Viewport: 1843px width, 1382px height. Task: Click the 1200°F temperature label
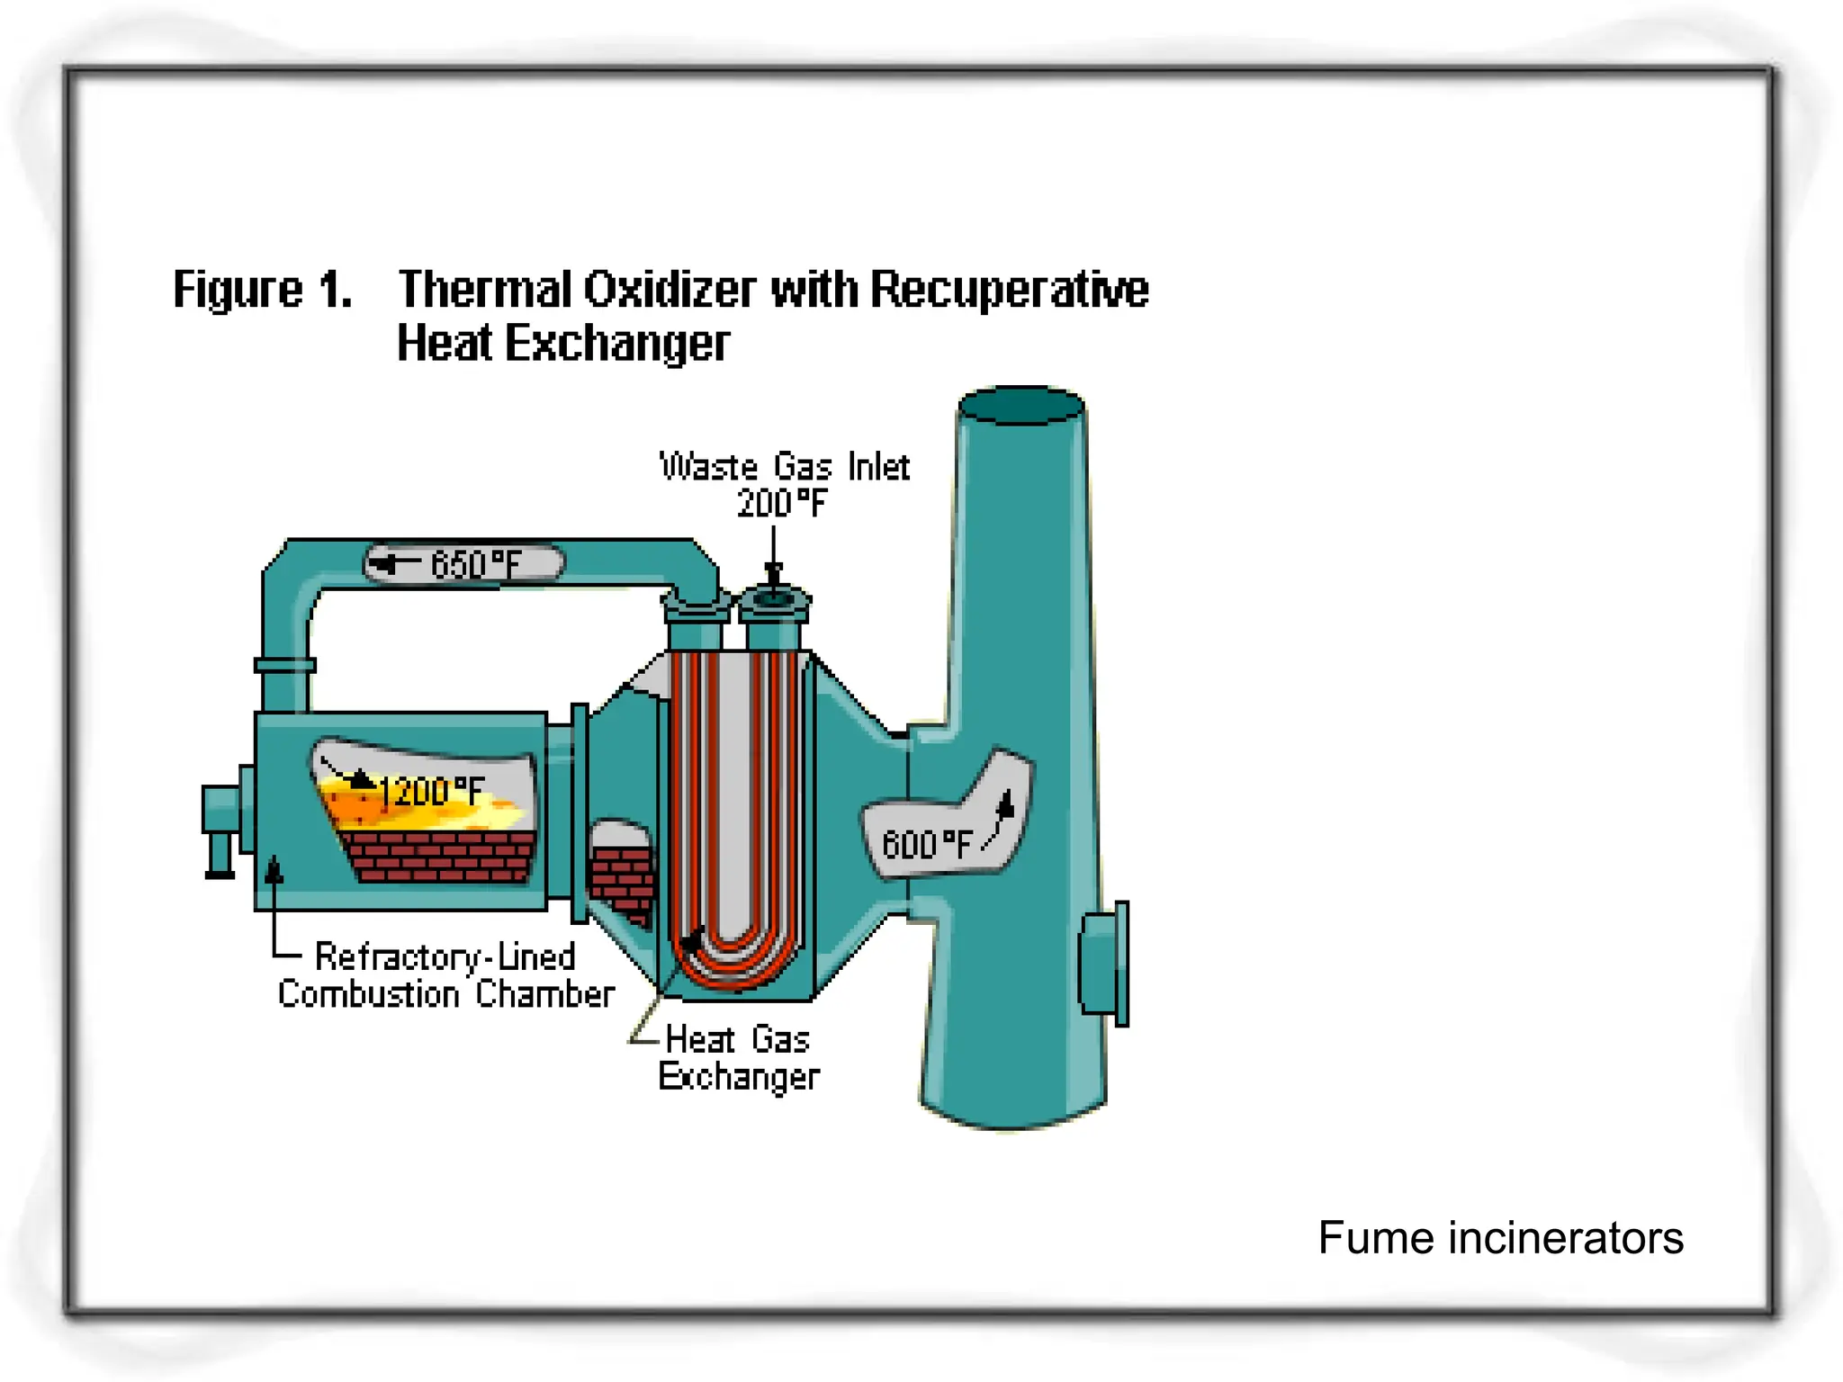point(431,792)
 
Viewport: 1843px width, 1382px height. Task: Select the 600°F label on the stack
point(926,844)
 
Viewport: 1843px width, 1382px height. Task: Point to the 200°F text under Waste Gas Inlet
point(781,503)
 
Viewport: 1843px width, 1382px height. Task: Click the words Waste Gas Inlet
point(785,467)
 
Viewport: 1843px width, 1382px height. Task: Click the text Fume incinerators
point(1500,1237)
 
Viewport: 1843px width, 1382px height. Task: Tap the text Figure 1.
point(262,290)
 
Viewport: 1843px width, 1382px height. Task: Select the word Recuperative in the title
point(1009,290)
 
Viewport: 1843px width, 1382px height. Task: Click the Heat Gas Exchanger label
point(738,1058)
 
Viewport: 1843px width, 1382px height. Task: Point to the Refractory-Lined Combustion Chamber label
point(445,975)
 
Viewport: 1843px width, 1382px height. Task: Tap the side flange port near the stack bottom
point(1105,964)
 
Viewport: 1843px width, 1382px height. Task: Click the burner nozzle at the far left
point(221,828)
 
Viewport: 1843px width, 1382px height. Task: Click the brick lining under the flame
point(441,856)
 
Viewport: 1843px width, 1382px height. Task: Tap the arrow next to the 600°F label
point(1002,814)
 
